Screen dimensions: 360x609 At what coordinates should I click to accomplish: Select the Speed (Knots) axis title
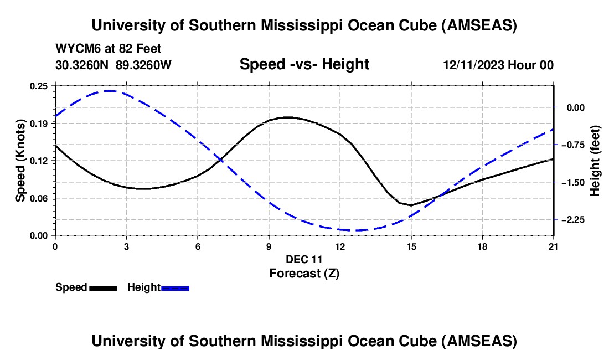click(x=20, y=161)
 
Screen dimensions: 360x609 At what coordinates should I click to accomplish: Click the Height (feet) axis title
click(x=595, y=161)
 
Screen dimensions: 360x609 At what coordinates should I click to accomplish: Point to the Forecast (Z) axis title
click(x=303, y=273)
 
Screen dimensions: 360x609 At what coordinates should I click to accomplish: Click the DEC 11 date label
click(x=304, y=259)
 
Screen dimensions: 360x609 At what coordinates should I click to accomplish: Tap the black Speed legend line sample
click(x=103, y=287)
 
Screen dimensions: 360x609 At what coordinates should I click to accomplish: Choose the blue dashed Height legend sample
click(x=175, y=287)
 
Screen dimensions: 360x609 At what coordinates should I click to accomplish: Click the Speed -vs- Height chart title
click(x=304, y=65)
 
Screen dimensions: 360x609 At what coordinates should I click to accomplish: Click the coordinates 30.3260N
click(x=82, y=65)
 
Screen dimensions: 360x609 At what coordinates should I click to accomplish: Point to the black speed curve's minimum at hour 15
click(x=411, y=205)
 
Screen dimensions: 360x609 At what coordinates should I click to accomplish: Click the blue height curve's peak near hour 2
click(x=109, y=90)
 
